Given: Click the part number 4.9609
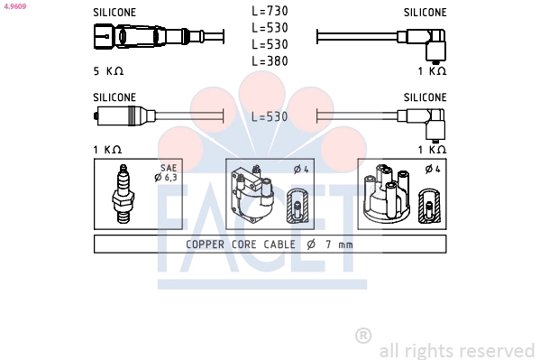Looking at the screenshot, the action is click(14, 6).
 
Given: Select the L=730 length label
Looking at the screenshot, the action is click(270, 11).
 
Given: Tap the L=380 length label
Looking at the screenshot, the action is click(270, 61).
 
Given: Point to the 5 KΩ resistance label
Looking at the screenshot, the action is click(108, 71).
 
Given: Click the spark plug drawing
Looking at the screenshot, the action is click(123, 194).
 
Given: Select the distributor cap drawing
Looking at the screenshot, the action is click(387, 194).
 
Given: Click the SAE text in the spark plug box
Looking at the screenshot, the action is click(169, 168).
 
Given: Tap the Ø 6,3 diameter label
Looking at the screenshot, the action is click(166, 177).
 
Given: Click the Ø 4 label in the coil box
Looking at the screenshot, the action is click(301, 169).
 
